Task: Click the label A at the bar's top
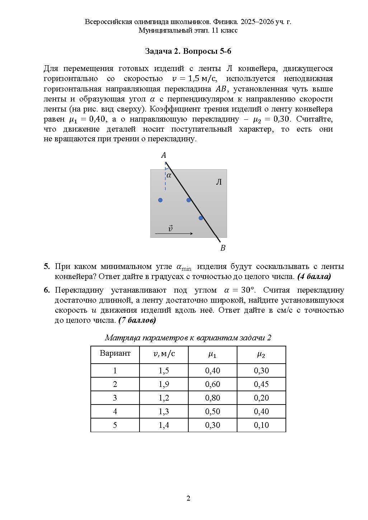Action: point(164,155)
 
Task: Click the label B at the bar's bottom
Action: point(223,248)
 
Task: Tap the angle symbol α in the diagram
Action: point(169,175)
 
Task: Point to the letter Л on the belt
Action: point(218,182)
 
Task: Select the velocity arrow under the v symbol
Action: point(174,234)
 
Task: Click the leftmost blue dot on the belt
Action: point(160,200)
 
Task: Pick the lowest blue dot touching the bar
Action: point(201,218)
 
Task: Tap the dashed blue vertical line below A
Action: point(165,179)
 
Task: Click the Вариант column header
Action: point(115,353)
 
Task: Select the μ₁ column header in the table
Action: point(212,355)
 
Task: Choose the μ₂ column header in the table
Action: point(261,355)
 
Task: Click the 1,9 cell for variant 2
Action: point(164,384)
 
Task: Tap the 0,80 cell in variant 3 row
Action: point(212,398)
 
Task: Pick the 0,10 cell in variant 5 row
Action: point(261,425)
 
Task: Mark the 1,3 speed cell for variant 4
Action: point(164,411)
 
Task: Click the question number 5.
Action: point(47,266)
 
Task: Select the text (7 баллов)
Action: point(137,320)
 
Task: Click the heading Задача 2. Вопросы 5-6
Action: point(188,51)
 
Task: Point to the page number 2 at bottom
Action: point(188,498)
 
